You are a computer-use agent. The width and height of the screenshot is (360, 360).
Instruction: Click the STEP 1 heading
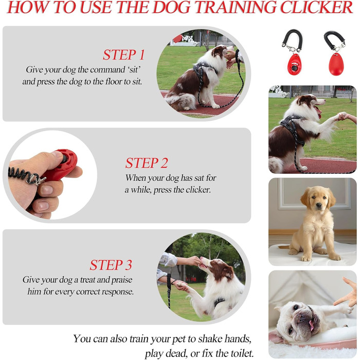coord(123,55)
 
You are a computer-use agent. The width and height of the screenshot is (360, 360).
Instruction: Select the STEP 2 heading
coord(147,163)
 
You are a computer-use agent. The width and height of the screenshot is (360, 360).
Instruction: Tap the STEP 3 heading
coord(111,265)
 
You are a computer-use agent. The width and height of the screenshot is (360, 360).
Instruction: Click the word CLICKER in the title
coord(317,7)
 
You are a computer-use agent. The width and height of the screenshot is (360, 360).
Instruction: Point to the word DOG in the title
coord(172,7)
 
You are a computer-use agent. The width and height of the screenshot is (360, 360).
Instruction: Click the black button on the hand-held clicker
coord(64,158)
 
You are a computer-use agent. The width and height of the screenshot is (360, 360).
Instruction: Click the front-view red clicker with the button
coord(294,64)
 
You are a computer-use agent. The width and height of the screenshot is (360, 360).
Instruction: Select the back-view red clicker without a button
coord(336,64)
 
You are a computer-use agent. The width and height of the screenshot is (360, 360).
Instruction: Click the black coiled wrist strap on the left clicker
coord(292,39)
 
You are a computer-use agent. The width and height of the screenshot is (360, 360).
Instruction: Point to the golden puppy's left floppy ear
coord(305,199)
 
